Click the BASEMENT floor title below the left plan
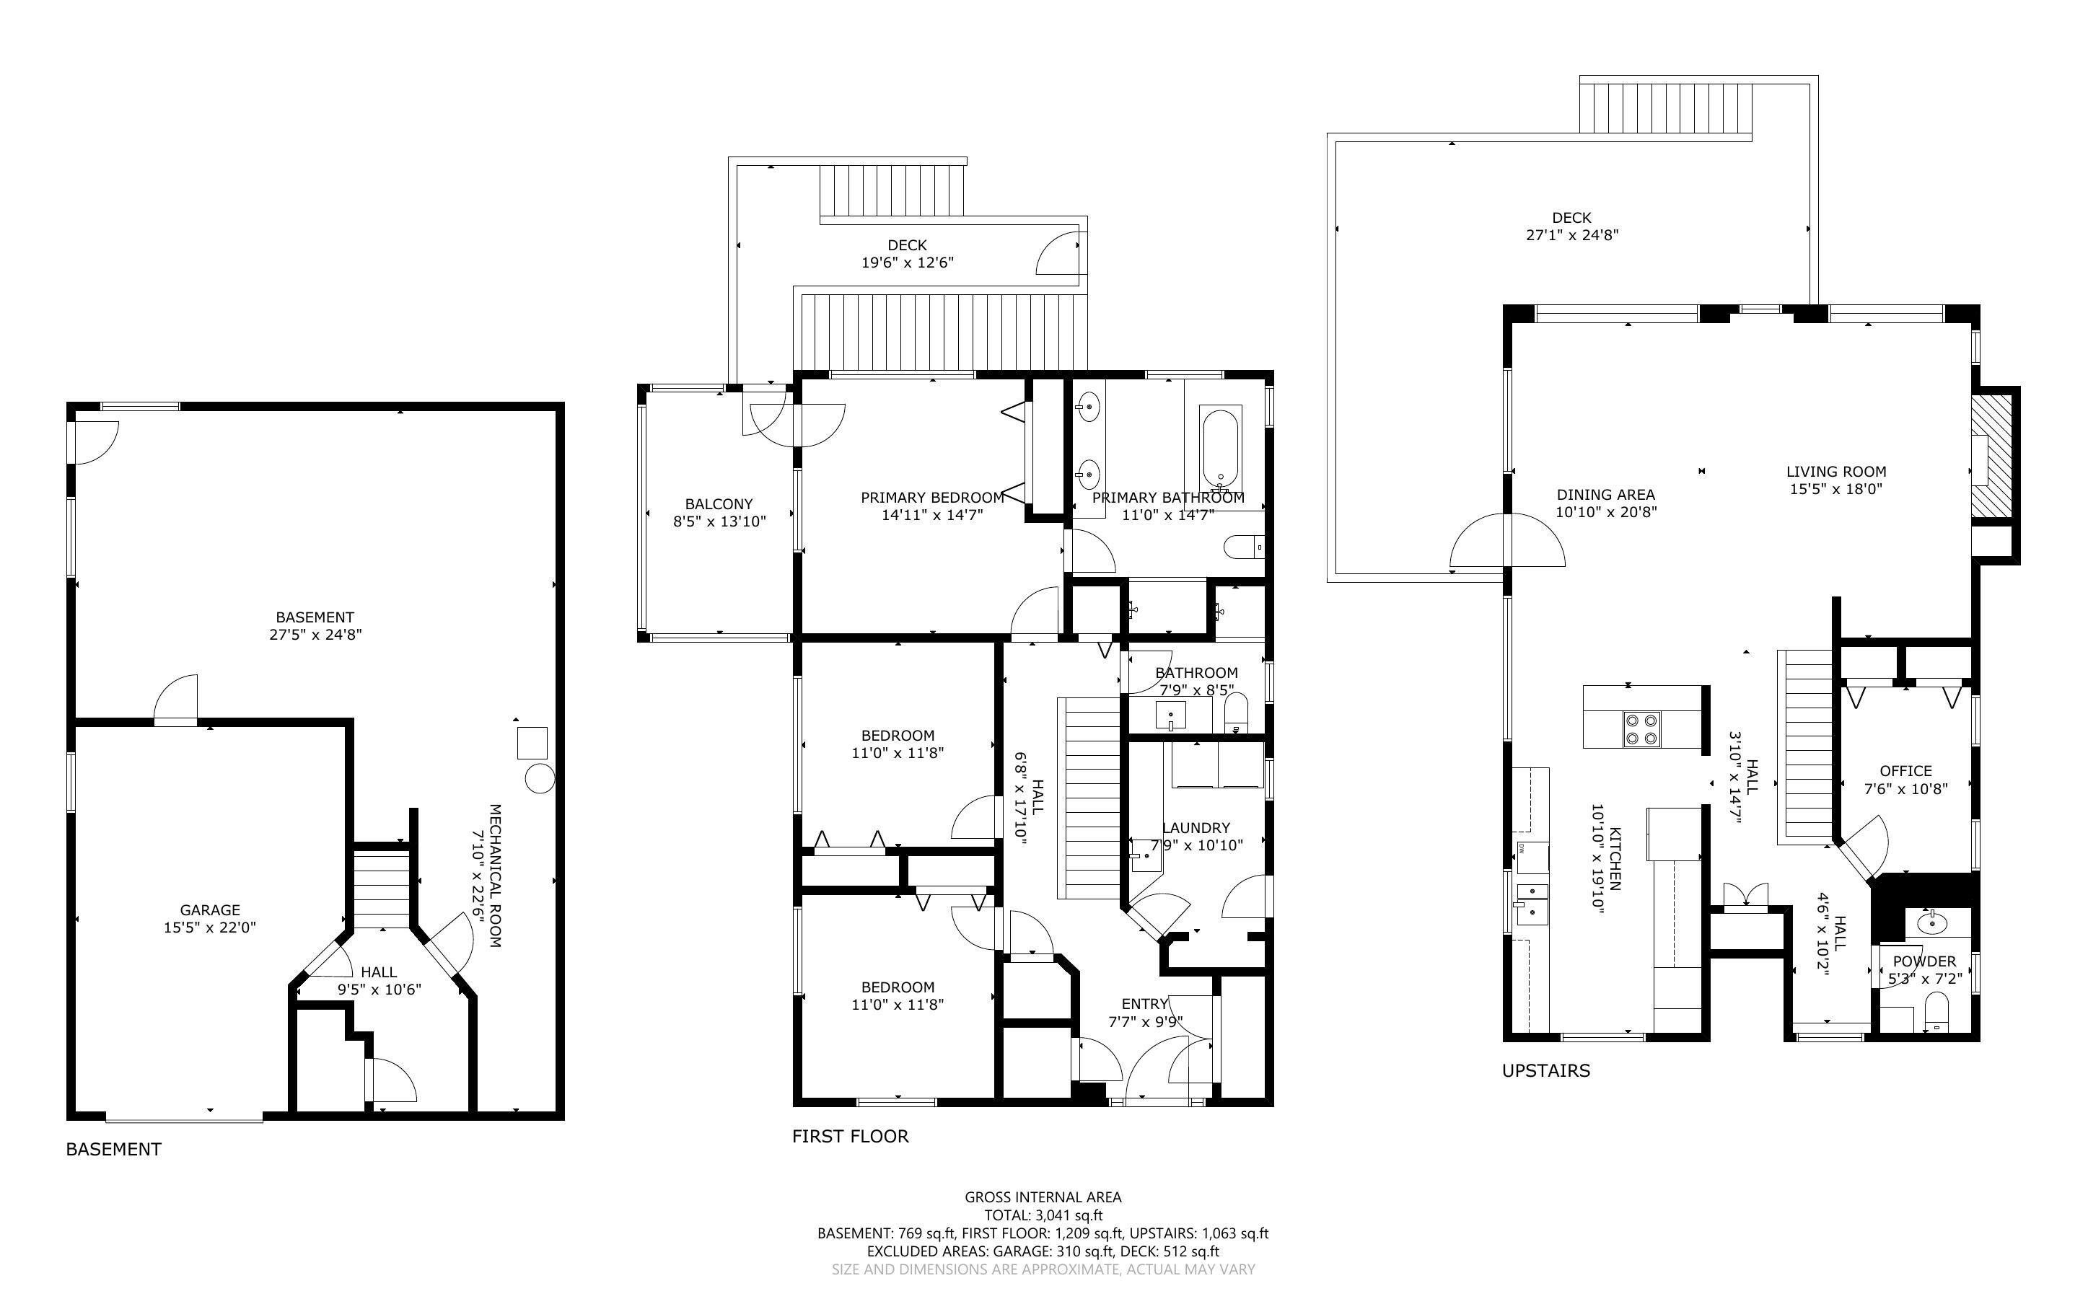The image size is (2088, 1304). (113, 1149)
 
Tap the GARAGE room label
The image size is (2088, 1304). (209, 910)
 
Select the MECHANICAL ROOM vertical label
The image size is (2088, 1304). (495, 876)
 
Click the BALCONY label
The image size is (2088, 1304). (719, 503)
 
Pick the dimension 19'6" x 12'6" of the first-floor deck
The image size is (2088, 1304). (908, 263)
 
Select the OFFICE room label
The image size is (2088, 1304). (1905, 770)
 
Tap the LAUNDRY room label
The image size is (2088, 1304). (1196, 827)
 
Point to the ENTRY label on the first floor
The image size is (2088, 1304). (1144, 1004)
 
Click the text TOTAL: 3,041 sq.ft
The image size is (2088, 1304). (1043, 1215)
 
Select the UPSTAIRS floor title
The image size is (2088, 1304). (1545, 1070)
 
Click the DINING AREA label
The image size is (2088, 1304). (1605, 494)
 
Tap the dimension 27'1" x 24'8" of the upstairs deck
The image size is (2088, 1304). (1571, 234)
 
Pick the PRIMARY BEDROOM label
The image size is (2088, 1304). (931, 498)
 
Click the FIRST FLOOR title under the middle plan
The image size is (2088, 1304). (849, 1136)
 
